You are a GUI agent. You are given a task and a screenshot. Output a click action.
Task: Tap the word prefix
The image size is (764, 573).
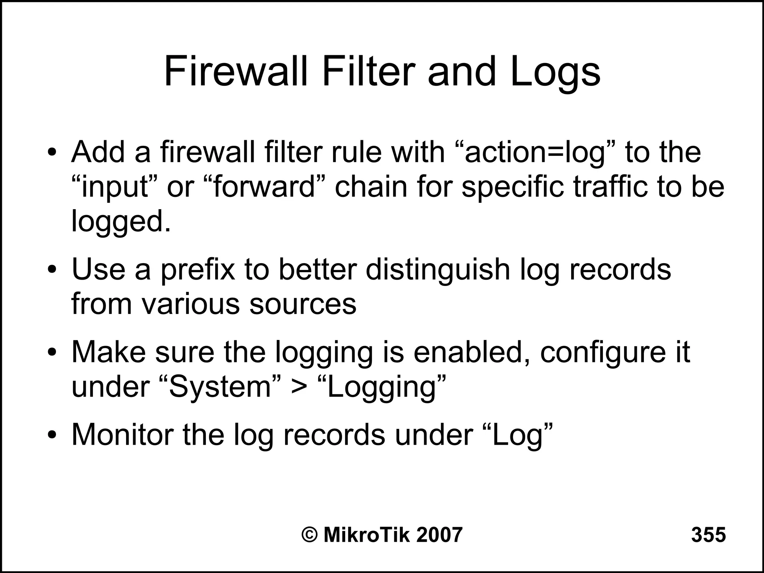tap(198, 270)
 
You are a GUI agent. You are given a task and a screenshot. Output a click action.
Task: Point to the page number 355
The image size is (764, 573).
tap(708, 535)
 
